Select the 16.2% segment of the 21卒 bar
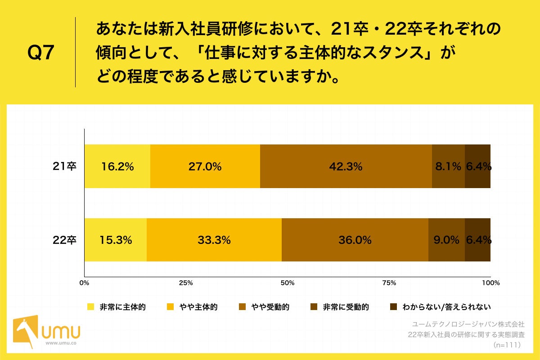[x=117, y=166]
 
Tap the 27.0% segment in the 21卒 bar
[x=205, y=166]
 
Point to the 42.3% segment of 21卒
[x=346, y=166]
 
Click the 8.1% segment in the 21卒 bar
[x=448, y=166]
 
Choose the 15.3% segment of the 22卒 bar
[x=116, y=240]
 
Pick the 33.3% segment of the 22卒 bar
[x=214, y=240]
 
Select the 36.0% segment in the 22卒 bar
[x=355, y=240]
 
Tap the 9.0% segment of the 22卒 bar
[x=446, y=240]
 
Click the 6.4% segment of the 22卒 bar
[x=478, y=240]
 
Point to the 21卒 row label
[x=65, y=166]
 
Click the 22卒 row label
[x=65, y=240]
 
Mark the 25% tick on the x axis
[x=186, y=283]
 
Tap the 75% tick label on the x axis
[x=389, y=283]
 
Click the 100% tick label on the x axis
[x=490, y=283]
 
